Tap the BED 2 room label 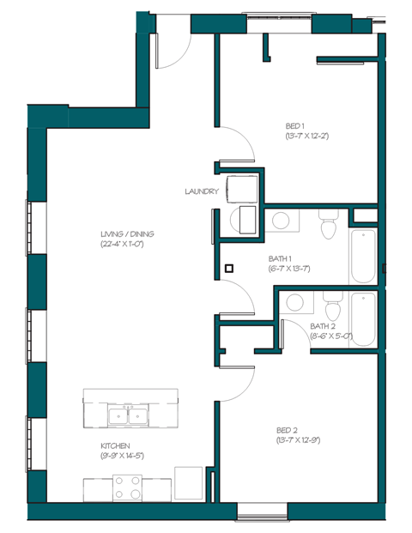[288, 429]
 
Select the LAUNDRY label [201, 191]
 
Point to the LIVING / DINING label [127, 233]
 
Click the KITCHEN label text [114, 445]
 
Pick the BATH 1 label [281, 257]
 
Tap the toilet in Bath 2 [333, 306]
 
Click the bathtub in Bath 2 [364, 319]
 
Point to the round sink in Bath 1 [281, 221]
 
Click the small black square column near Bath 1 [229, 268]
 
